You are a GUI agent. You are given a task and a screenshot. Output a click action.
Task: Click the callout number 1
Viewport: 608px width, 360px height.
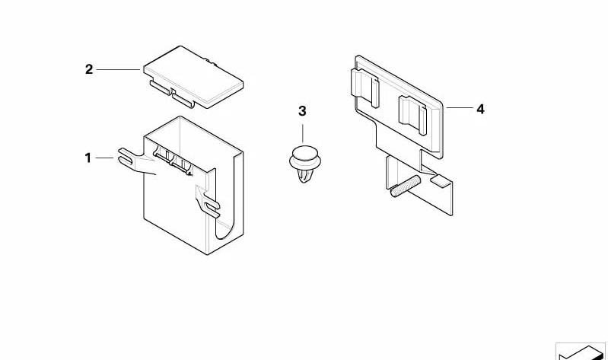tap(88, 158)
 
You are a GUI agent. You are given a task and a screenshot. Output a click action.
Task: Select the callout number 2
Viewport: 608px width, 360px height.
tap(89, 69)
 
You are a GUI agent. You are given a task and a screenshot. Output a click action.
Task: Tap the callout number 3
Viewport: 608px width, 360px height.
tap(302, 111)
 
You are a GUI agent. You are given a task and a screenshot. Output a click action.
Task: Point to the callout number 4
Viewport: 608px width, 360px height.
tap(480, 110)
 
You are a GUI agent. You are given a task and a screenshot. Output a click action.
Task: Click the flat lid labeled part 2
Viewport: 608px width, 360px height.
tap(193, 77)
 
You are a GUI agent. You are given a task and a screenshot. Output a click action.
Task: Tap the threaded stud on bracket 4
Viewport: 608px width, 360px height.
tap(405, 186)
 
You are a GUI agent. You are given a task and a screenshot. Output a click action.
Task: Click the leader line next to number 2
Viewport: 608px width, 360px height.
tap(118, 70)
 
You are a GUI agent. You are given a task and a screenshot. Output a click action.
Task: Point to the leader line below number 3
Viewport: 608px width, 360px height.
tap(302, 133)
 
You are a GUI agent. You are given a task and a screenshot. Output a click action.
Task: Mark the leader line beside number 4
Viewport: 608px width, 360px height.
tap(460, 107)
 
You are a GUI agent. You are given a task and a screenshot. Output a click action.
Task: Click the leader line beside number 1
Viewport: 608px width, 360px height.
tap(105, 158)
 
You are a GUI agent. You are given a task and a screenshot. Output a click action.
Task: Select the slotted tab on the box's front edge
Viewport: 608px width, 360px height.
tap(208, 205)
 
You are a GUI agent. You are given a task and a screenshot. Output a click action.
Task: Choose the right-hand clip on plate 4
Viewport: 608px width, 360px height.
tap(412, 115)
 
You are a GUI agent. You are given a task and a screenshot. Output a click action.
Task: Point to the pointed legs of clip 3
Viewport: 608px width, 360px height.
tap(303, 175)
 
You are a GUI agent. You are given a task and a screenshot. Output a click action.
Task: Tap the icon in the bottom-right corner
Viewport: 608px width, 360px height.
tap(581, 351)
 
